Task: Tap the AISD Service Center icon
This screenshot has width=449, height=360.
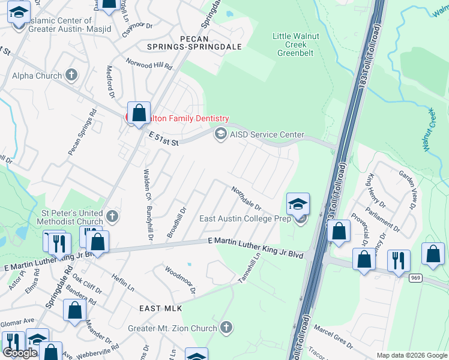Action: pos(220,134)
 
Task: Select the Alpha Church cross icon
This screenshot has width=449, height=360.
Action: pos(71,76)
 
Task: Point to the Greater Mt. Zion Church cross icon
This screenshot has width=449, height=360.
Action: pos(226,328)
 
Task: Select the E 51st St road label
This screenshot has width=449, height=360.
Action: pos(164,140)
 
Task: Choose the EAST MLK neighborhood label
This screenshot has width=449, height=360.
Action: pos(160,308)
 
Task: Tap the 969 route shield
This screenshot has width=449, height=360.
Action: pos(415,278)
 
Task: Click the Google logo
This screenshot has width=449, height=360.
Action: pos(20,353)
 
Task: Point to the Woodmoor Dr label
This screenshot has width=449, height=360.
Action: pos(181,280)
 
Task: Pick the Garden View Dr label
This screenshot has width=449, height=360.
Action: pos(408,188)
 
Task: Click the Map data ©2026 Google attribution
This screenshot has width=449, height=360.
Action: pos(412,355)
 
